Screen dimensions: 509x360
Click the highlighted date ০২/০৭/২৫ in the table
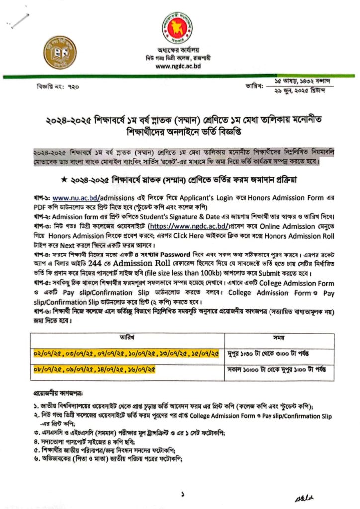pos(45,353)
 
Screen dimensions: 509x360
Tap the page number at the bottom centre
pos(182,494)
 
